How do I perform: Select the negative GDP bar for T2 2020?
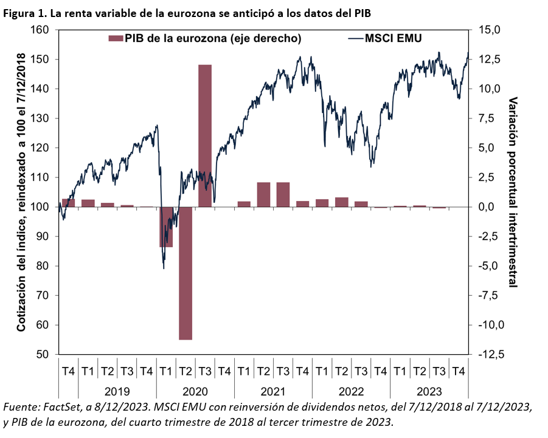[x=186, y=273]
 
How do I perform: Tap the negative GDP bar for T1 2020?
[x=166, y=227]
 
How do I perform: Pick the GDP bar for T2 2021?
[x=263, y=194]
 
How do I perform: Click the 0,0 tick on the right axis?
[x=489, y=207]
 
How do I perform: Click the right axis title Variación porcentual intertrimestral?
[x=513, y=192]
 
